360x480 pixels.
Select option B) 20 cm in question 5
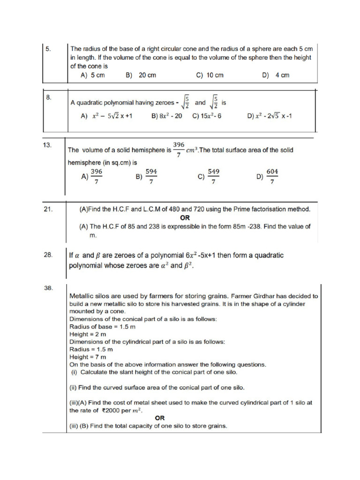pyautogui.click(x=141, y=75)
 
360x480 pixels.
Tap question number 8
pyautogui.click(x=48, y=97)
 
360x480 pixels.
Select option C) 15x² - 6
pyautogui.click(x=207, y=116)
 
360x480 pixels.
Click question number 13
pyautogui.click(x=47, y=145)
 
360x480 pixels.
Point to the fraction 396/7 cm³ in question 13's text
pyautogui.click(x=185, y=150)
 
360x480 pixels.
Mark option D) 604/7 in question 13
pyautogui.click(x=267, y=177)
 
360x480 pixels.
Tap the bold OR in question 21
pyautogui.click(x=185, y=218)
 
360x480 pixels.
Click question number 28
pyautogui.click(x=47, y=255)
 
